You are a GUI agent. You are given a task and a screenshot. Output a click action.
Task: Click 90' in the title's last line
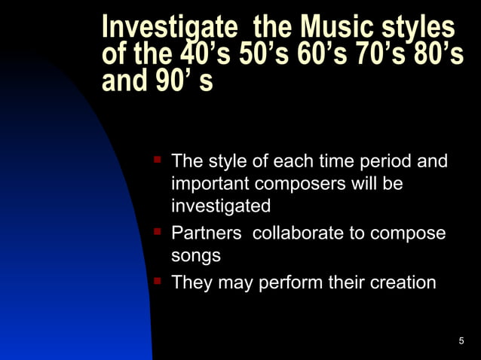click(x=170, y=81)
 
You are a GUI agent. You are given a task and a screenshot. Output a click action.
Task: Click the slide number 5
click(x=461, y=343)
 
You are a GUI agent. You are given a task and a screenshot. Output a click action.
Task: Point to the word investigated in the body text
click(x=221, y=206)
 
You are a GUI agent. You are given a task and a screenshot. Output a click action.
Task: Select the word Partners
click(x=207, y=233)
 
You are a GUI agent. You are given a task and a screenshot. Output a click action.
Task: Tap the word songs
click(x=196, y=256)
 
